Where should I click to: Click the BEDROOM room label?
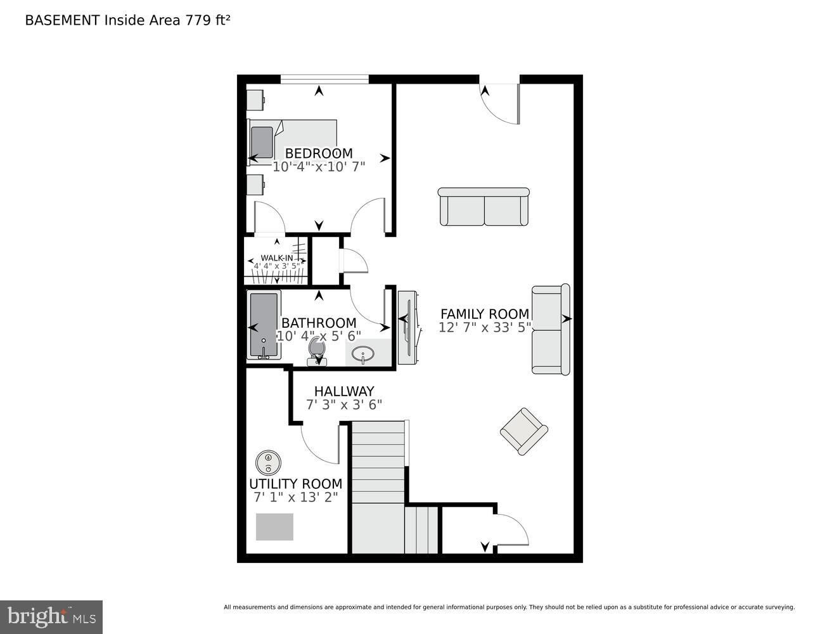(319, 153)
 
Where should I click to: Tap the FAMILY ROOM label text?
(485, 314)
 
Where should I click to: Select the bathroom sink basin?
(363, 354)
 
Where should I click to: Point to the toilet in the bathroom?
(317, 351)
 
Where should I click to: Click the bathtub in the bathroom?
(264, 325)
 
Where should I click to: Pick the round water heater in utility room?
(268, 463)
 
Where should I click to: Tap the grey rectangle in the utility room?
(274, 527)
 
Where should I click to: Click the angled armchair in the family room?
(524, 432)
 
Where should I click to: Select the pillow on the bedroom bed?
(262, 142)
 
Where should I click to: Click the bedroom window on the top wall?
(324, 79)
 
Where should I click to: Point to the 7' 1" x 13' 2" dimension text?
(295, 497)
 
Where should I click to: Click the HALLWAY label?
(344, 391)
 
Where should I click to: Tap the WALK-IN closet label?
(276, 258)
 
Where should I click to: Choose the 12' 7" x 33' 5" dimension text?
(485, 327)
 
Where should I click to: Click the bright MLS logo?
(51, 617)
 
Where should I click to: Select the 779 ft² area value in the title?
(207, 20)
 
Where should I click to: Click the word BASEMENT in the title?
(62, 20)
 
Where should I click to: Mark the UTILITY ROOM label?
(295, 484)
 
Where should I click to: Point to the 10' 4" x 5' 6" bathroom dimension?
(319, 336)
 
